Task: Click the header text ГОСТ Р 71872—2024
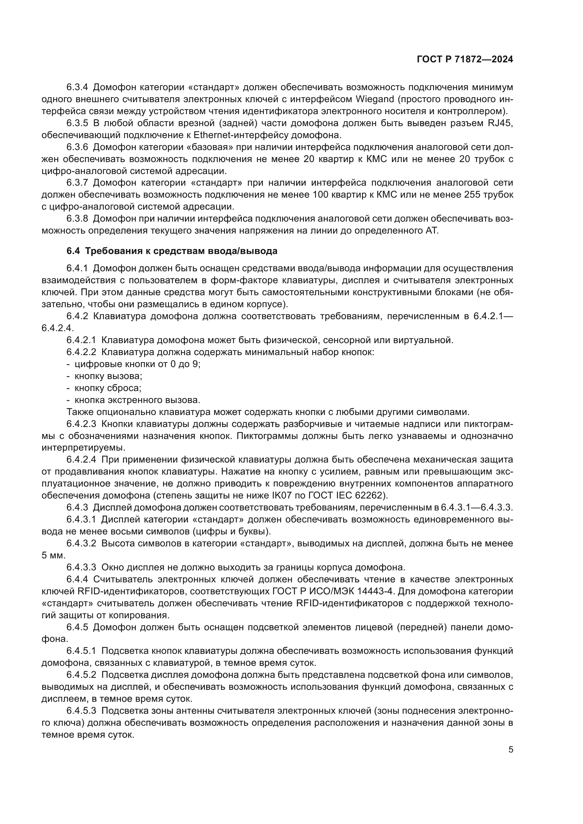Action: coord(465,60)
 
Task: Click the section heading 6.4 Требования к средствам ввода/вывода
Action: coord(172,251)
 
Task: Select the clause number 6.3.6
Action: coord(77,147)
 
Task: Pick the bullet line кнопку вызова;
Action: coord(108,376)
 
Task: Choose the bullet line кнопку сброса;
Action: coord(108,388)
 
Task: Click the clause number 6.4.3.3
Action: coord(81,568)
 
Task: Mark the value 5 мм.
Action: coord(54,556)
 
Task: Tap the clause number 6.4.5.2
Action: coord(81,675)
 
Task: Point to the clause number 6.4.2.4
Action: coord(81,460)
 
